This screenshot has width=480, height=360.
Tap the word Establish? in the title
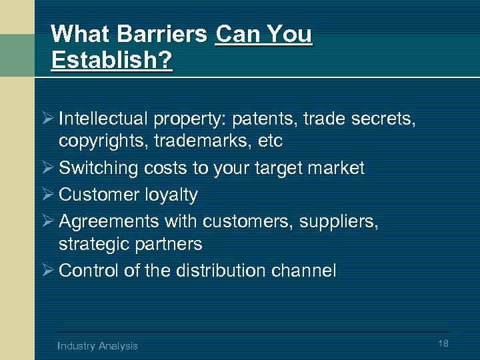click(x=111, y=60)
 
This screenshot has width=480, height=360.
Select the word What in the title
click(x=78, y=34)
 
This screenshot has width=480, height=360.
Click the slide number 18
click(x=443, y=343)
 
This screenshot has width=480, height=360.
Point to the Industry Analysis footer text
click(x=97, y=345)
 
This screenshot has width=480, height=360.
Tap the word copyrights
click(x=103, y=141)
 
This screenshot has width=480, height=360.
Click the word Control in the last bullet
click(x=84, y=271)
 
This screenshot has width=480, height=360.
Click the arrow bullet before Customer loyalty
click(x=47, y=195)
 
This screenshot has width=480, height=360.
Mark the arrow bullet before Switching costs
click(x=47, y=168)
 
